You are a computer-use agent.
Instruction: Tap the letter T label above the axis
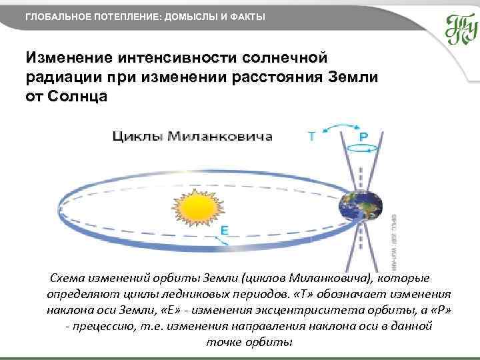coord(311,136)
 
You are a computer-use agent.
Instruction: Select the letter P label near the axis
coord(363,136)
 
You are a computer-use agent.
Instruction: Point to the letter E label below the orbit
coord(225,231)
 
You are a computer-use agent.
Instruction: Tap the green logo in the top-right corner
coord(461,29)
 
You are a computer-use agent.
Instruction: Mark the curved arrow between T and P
coord(338,127)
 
